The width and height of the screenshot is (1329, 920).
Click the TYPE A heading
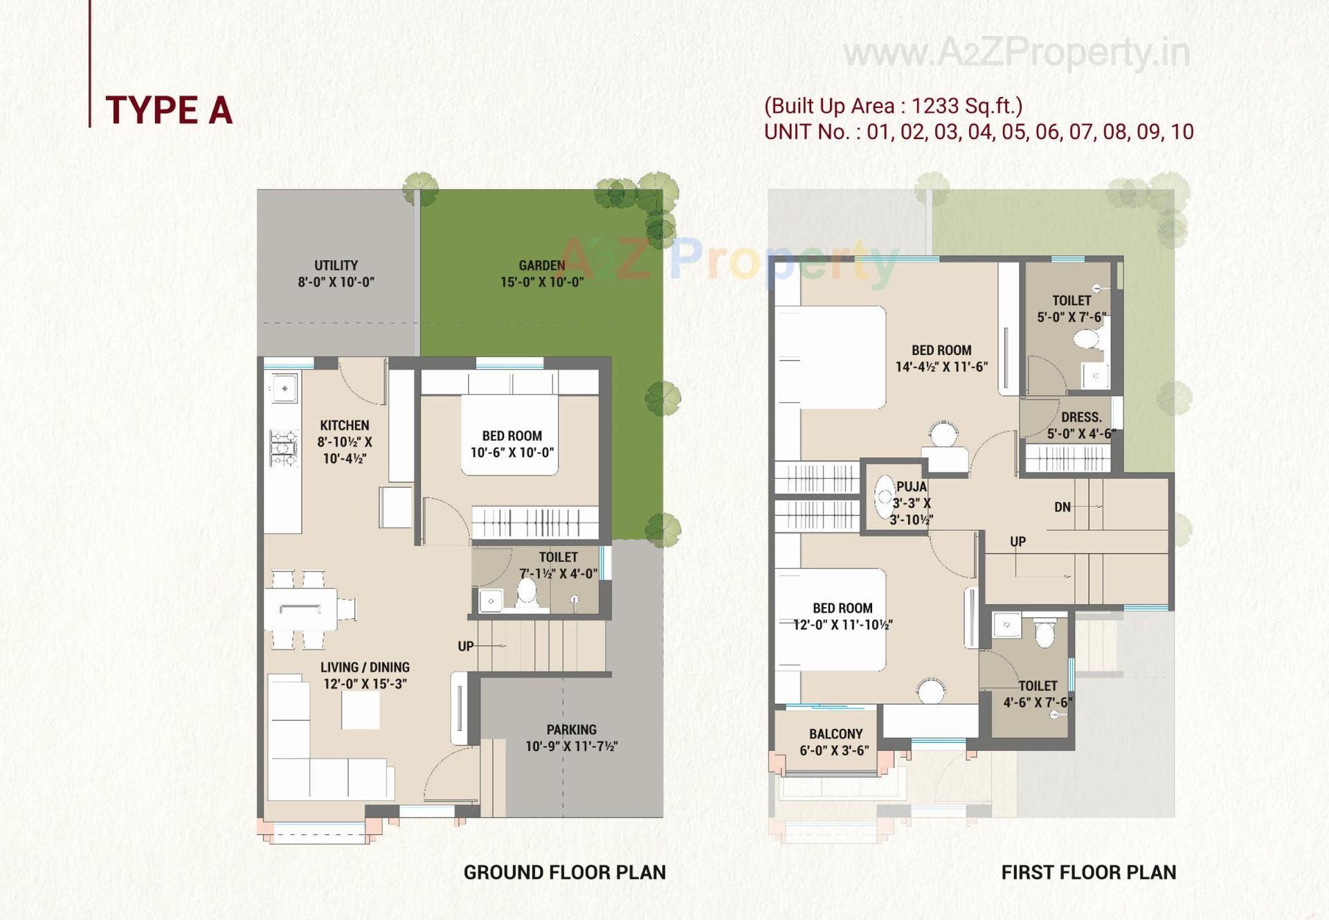pyautogui.click(x=168, y=110)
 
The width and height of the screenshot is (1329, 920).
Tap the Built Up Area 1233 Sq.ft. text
pyautogui.click(x=893, y=106)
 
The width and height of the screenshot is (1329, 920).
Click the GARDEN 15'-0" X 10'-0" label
pyautogui.click(x=542, y=273)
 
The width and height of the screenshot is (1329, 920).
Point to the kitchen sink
pyautogui.click(x=284, y=388)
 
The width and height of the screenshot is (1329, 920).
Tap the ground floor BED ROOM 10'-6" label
pyautogui.click(x=512, y=444)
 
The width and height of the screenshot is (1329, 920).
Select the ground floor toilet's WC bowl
pyautogui.click(x=527, y=592)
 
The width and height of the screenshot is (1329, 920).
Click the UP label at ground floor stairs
pyautogui.click(x=466, y=646)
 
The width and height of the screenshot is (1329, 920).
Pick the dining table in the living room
pyautogui.click(x=300, y=609)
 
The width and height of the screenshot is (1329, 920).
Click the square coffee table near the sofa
pyautogui.click(x=360, y=710)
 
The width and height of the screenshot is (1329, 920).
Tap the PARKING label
pyautogui.click(x=571, y=737)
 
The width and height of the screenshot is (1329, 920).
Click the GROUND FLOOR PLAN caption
pyautogui.click(x=564, y=872)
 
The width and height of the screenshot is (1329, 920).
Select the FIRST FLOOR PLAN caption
pyautogui.click(x=1088, y=872)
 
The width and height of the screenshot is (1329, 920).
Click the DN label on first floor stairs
pyautogui.click(x=1062, y=507)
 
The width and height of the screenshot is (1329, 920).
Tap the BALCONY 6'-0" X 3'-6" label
pyautogui.click(x=835, y=742)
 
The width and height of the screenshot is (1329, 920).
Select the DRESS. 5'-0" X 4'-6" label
pyautogui.click(x=1081, y=425)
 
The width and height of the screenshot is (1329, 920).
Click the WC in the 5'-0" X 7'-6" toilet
pyautogui.click(x=1086, y=340)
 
